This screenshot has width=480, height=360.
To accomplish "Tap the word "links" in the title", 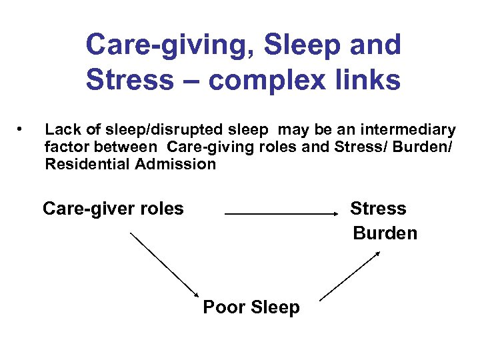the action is (x=367, y=80).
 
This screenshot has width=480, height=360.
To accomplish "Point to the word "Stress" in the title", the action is (x=128, y=80).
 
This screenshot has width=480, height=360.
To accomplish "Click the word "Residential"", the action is (x=87, y=164).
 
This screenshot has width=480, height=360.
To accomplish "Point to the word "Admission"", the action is (x=175, y=164).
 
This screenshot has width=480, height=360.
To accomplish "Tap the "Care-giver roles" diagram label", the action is (x=113, y=209).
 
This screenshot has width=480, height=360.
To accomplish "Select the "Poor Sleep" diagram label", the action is (x=251, y=307).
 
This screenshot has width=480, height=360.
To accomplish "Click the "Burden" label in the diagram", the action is (x=385, y=233).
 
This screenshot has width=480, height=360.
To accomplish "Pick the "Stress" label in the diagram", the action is (x=378, y=209).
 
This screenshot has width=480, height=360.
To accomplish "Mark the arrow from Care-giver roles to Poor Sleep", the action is (x=165, y=265).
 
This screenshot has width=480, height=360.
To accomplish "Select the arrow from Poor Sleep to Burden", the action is (x=350, y=275).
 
